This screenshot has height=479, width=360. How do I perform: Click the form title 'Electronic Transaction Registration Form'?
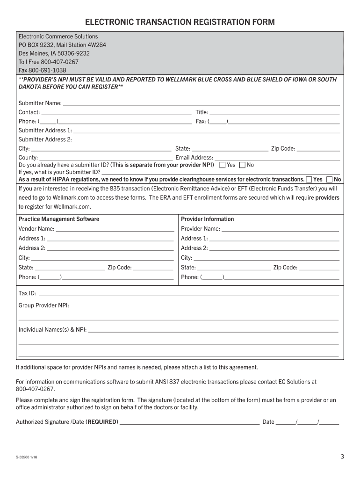180,22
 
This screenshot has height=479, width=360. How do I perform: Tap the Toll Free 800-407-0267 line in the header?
48,62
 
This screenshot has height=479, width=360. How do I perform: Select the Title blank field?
274,112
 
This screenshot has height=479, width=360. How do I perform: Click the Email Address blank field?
277,157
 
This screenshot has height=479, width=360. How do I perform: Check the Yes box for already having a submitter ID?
223,165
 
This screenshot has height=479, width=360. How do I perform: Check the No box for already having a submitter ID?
242,165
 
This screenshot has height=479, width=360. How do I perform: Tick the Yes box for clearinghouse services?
309,180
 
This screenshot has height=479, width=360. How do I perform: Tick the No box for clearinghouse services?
330,180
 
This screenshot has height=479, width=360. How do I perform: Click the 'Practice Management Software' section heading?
59,219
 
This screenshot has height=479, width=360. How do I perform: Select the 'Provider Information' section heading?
207,219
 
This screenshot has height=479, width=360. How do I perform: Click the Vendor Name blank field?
115,229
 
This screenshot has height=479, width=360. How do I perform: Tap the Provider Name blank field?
280,229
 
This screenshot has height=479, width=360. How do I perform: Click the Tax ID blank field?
188,293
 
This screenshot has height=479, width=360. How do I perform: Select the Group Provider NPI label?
43,305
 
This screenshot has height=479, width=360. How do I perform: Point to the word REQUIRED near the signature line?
101,422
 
